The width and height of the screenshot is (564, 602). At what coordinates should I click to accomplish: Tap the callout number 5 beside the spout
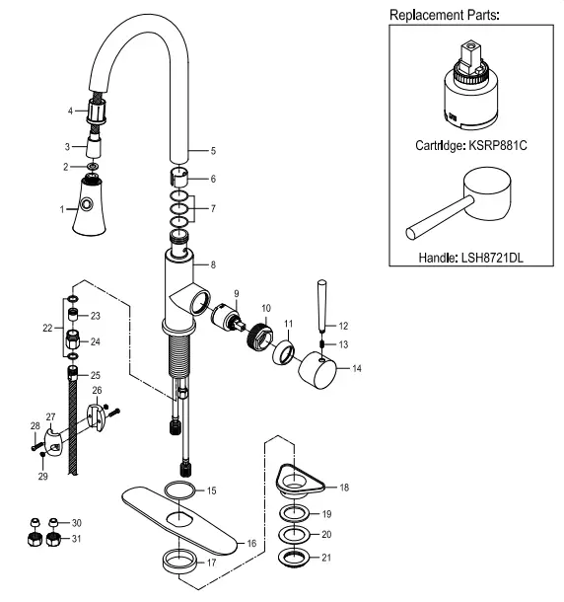click(212, 150)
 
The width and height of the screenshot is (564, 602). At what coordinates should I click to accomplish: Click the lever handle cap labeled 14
click(318, 372)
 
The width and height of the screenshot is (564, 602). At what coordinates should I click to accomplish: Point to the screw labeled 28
click(38, 445)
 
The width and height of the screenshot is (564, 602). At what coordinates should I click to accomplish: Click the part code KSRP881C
click(497, 145)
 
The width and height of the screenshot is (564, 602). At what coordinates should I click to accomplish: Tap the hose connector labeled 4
click(96, 111)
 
